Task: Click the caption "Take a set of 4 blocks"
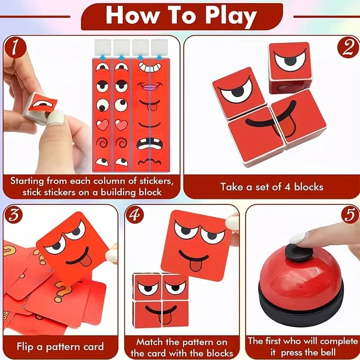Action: click(272, 187)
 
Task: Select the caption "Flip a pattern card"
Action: click(60, 346)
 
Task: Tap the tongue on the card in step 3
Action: click(85, 261)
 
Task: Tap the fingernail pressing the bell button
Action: click(297, 238)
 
